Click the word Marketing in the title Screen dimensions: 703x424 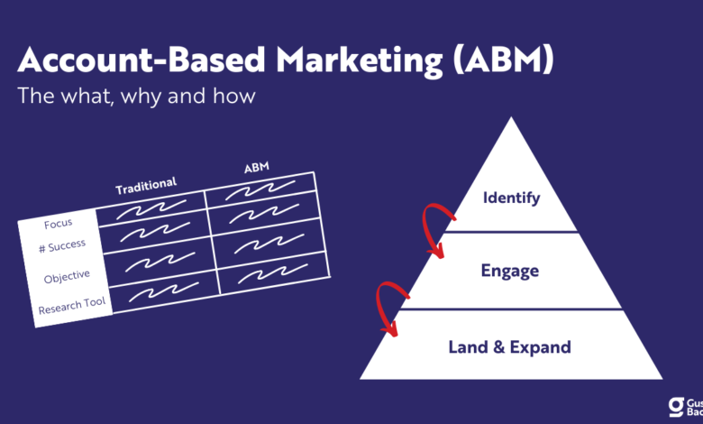tap(359, 61)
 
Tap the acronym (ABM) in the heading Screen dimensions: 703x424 tap(503, 60)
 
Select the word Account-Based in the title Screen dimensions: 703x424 tap(142, 60)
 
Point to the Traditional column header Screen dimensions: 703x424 tap(146, 186)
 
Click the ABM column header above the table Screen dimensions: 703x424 tap(257, 168)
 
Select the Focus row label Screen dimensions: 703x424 tap(59, 224)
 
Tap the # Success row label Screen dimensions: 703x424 tap(62, 246)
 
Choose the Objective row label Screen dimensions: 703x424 tap(67, 276)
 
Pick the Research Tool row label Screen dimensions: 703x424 tap(72, 306)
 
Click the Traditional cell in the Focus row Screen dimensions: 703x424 tap(151, 209)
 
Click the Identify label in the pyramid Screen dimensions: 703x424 tap(512, 198)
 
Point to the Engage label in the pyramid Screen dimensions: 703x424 tap(510, 271)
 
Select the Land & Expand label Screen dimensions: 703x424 tap(510, 346)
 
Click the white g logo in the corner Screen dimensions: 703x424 tap(676, 407)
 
